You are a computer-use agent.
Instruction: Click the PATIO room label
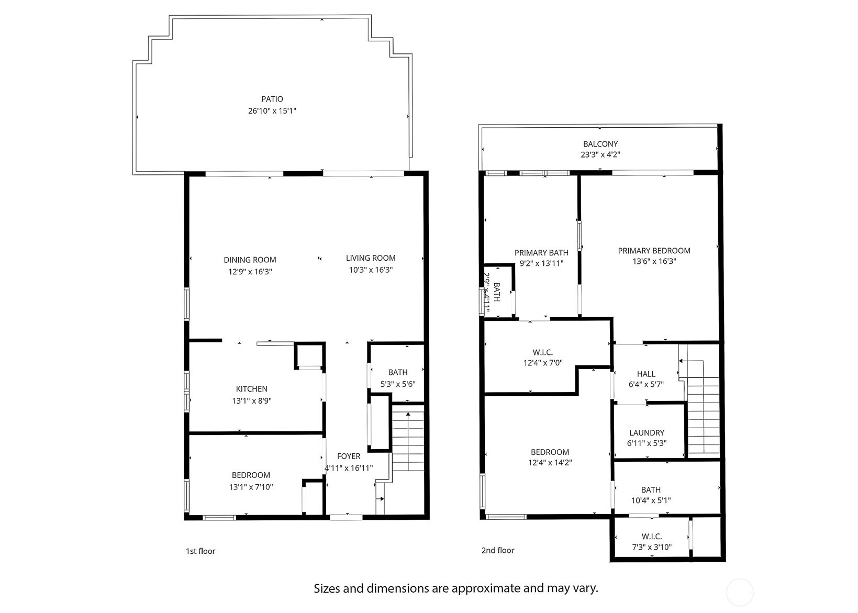[272, 99]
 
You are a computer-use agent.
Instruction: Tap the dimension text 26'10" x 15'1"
[272, 111]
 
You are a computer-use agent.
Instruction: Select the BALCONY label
[600, 144]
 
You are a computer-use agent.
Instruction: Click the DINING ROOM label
[250, 260]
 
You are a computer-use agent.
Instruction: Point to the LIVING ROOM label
[371, 258]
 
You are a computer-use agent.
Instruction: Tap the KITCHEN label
[252, 389]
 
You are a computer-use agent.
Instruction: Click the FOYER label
[349, 456]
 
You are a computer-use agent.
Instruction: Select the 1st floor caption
[200, 551]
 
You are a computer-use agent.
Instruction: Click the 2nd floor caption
[498, 550]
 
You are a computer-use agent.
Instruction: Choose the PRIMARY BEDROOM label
[654, 251]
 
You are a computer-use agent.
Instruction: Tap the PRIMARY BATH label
[541, 253]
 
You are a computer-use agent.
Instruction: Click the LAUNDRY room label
[647, 433]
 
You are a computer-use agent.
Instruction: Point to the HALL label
[646, 374]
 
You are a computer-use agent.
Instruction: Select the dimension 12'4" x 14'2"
[550, 463]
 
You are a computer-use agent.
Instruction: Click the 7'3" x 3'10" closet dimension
[652, 548]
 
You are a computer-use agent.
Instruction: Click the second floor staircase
[704, 414]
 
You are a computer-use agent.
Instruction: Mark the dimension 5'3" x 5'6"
[398, 384]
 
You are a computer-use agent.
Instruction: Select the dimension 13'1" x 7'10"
[251, 487]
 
